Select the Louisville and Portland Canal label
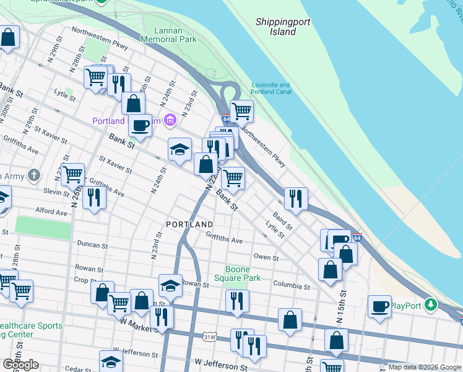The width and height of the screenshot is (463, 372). [x=270, y=89]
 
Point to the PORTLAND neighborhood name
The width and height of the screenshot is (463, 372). [x=189, y=224]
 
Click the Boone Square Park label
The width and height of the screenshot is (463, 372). [x=242, y=274]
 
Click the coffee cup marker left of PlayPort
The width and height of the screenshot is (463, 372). [x=379, y=306]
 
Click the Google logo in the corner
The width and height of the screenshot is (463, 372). [x=20, y=365]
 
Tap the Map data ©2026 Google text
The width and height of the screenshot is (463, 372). [x=425, y=367]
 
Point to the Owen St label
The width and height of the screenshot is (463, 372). [x=266, y=257]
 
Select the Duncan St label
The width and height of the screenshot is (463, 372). [x=92, y=246]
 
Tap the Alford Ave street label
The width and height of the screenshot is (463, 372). [x=51, y=211]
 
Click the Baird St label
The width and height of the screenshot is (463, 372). [x=282, y=219]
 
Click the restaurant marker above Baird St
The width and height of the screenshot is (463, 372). [x=296, y=198]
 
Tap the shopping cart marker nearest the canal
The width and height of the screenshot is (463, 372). [x=241, y=112]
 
